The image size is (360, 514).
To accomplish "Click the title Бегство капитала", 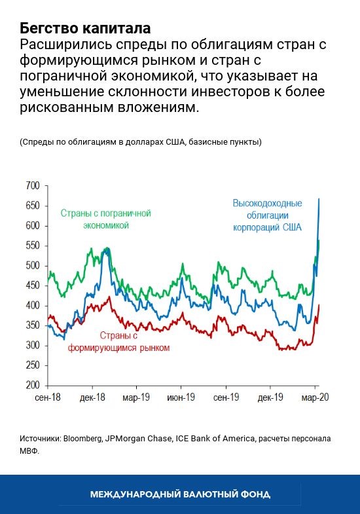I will (85, 28).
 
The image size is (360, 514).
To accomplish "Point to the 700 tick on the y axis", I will (32, 186).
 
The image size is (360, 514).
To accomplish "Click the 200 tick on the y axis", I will (32, 385).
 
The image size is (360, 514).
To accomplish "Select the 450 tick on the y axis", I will (32, 285).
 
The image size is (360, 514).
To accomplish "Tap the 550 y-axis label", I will (32, 246).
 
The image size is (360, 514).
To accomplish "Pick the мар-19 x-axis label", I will (137, 397).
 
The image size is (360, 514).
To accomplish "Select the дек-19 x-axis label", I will (270, 397).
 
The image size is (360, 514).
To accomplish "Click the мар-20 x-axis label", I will (315, 397).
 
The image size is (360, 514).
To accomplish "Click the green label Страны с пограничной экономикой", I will (105, 219).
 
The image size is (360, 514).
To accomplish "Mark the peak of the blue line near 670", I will (319, 199).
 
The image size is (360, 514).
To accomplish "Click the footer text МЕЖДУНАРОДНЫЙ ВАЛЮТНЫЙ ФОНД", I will (180, 494).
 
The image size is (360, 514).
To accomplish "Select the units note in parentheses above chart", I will (141, 142).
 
